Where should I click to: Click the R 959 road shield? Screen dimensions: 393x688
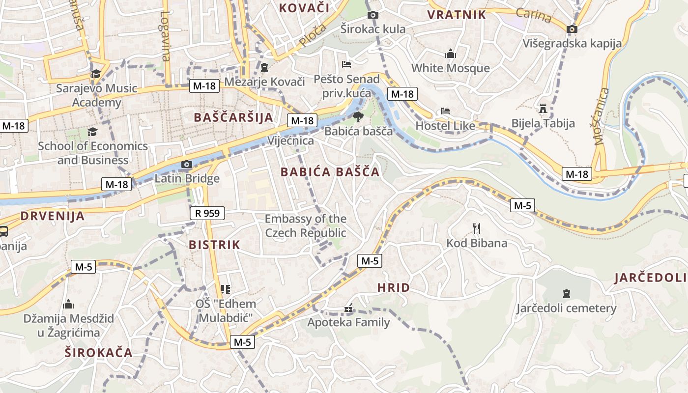pos(207,213)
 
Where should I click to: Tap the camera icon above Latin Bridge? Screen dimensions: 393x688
pos(187,165)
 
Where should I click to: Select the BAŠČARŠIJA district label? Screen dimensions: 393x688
pos(233,117)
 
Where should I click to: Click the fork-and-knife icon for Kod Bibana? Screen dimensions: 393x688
pos(476,228)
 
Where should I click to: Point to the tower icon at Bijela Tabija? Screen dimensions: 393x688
pos(543,108)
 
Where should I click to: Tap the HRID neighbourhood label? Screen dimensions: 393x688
pos(393,288)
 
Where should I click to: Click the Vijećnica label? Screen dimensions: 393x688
pos(290,141)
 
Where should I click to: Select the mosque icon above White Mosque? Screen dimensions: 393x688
pos(451,54)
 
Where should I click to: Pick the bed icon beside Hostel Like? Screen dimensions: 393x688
pos(445,111)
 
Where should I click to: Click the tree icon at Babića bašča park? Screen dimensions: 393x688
pos(358,117)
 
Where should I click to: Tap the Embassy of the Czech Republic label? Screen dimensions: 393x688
pos(306,226)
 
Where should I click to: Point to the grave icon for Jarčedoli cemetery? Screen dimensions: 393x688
pos(566,294)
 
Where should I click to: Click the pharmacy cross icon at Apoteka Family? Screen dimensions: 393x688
pos(348,309)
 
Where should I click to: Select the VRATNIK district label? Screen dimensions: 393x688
pos(457,15)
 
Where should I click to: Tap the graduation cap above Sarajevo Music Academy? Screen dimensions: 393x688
pos(95,74)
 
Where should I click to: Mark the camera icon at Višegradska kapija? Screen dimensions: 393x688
pos(572,29)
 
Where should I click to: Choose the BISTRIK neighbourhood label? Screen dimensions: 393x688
pos(214,245)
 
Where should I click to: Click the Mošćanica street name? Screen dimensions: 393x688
pos(601,116)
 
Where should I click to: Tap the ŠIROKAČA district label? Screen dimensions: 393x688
pos(99,352)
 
